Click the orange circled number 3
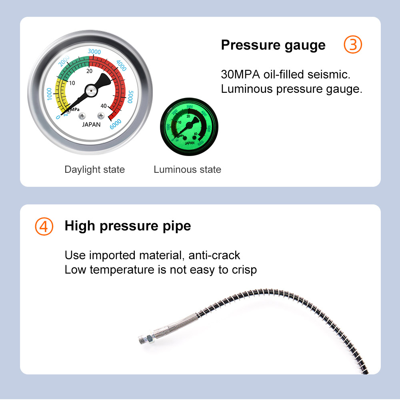pos(353,45)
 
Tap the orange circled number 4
pos(44,226)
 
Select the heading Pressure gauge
pos(273,45)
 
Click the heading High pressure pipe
pos(128,226)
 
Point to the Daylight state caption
pos(94,170)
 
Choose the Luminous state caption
pos(187,170)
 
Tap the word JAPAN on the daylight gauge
pos(91,124)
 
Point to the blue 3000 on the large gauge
pos(94,52)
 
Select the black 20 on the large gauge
pos(89,71)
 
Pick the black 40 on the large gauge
pos(104,106)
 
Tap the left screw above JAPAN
pos(82,116)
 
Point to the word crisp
pos(244,270)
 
